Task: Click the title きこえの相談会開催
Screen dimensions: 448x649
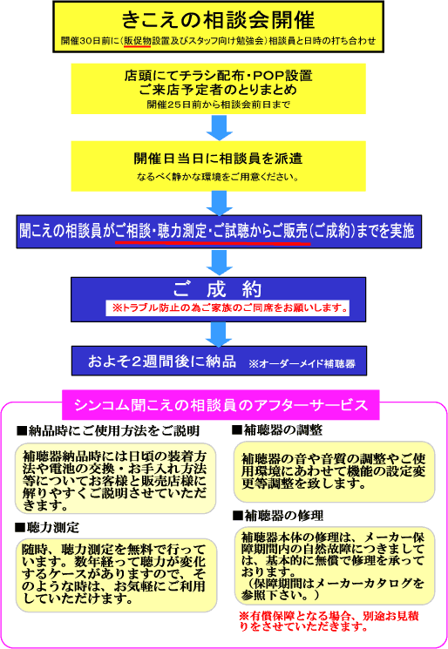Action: coord(218,19)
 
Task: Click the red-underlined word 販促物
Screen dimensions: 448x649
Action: coord(137,41)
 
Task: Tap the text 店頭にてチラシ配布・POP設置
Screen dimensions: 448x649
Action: coord(218,75)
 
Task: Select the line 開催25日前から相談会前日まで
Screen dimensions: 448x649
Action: coord(218,105)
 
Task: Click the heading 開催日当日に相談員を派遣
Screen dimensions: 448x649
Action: coord(218,158)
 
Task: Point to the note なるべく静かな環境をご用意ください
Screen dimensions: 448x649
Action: coord(218,177)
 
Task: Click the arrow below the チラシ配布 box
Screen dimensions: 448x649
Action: coord(219,127)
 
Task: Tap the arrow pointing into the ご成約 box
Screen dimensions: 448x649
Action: coord(219,262)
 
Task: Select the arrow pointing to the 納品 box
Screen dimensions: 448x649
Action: coord(219,335)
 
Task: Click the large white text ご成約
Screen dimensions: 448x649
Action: coord(218,289)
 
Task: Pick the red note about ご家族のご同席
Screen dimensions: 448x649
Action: coord(229,308)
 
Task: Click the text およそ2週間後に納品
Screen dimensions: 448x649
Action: coord(162,362)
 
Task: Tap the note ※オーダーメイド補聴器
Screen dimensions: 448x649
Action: coord(302,364)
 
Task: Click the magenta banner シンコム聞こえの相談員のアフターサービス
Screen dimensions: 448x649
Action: coord(221,405)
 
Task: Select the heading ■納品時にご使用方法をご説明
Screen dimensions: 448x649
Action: coord(108,431)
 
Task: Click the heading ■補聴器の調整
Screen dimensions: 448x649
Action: coord(277,430)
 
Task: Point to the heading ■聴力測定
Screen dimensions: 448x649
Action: coord(47,527)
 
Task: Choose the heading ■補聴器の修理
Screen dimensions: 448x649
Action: coord(278,516)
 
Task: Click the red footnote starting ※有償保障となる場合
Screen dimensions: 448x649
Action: coord(329,621)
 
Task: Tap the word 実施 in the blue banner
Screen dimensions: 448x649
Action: coord(402,231)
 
